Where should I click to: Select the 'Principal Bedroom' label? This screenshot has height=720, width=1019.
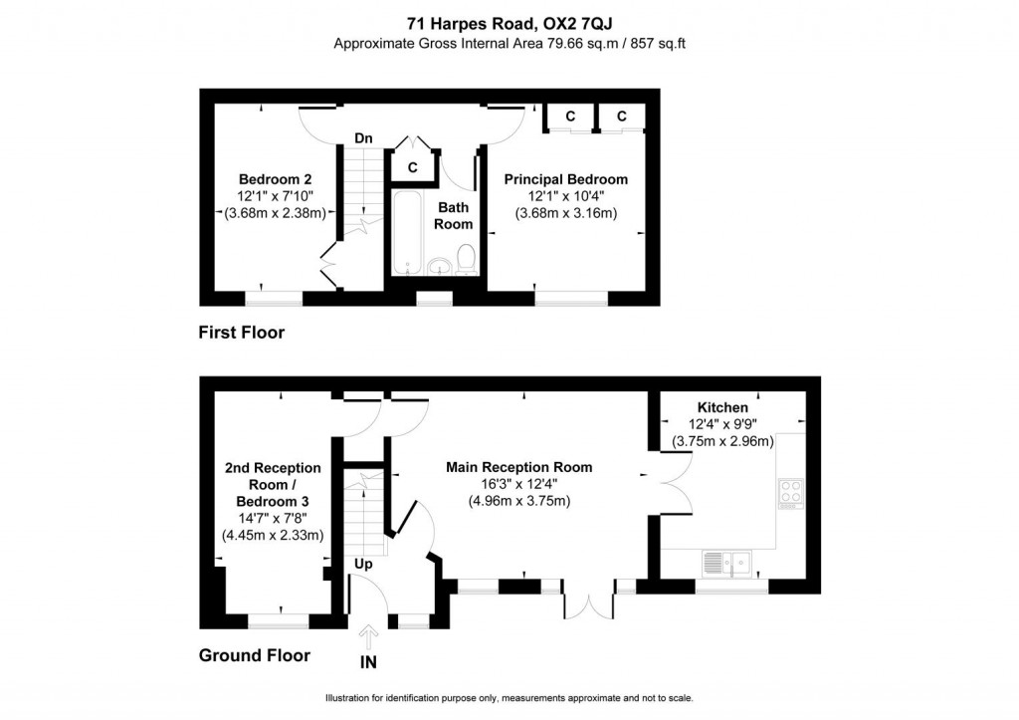[x=565, y=179]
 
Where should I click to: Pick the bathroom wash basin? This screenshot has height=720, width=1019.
[x=439, y=266]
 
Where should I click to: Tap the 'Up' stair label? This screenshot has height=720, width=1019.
[x=364, y=564]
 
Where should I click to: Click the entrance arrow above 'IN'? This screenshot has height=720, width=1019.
[x=369, y=635]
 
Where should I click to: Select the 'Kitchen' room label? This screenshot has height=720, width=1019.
[x=722, y=407]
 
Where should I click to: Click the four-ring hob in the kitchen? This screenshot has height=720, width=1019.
[x=790, y=493]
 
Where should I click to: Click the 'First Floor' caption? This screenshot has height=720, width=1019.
[x=241, y=333]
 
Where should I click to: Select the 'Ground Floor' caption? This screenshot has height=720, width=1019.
[x=254, y=655]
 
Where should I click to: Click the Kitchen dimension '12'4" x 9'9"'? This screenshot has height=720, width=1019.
[x=722, y=424]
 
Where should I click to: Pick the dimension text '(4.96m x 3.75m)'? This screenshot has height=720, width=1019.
[x=518, y=501]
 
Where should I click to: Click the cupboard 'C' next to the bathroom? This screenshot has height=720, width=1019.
[x=411, y=168]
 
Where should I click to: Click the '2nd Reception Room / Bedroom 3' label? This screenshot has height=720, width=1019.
[x=272, y=484]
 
